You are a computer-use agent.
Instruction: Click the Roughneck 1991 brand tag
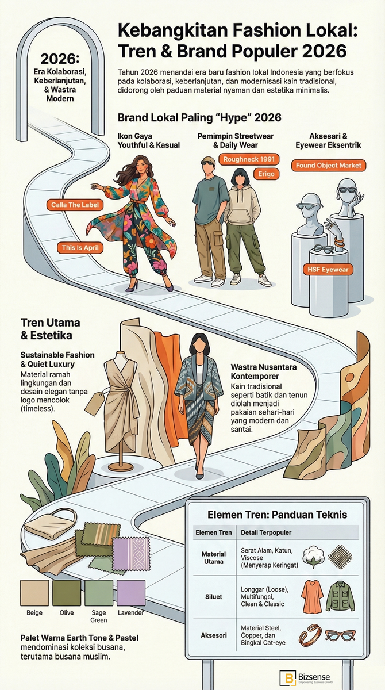[x=249, y=159]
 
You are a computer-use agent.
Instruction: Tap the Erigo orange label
[x=266, y=174]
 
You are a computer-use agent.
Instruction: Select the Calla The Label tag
[x=75, y=205]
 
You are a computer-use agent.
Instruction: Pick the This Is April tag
[x=80, y=248]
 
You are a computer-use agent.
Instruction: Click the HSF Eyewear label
[x=328, y=270]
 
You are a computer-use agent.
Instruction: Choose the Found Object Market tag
[x=329, y=166]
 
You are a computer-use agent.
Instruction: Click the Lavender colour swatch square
[x=131, y=593]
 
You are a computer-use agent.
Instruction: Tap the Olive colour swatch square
[x=67, y=593]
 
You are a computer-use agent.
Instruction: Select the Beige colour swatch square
[x=34, y=593]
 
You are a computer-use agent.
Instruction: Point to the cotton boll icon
[x=313, y=557]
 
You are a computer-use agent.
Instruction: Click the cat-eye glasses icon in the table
[x=340, y=635]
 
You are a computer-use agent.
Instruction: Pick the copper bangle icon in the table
[x=310, y=635]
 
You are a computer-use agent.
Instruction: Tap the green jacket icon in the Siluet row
[x=340, y=596]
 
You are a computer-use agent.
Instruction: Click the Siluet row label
[x=214, y=597]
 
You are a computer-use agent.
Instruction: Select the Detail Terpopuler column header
[x=266, y=532]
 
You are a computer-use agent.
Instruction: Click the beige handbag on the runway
[x=51, y=524]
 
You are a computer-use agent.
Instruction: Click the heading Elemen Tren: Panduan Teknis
[x=278, y=515]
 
